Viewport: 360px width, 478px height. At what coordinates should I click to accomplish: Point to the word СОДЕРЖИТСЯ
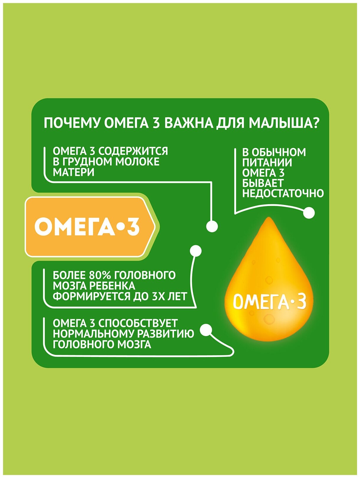(x=133, y=151)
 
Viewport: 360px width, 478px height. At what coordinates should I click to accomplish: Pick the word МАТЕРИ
(x=74, y=172)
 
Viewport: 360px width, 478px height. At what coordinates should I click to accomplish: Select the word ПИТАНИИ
(x=267, y=163)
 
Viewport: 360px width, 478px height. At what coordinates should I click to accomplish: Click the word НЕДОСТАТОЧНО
(x=283, y=194)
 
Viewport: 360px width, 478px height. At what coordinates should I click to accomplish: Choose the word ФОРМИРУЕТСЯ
(x=91, y=296)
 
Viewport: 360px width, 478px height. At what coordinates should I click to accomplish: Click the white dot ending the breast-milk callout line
(x=212, y=226)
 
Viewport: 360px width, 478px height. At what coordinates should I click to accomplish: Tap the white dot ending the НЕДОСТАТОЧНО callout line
(x=309, y=213)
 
